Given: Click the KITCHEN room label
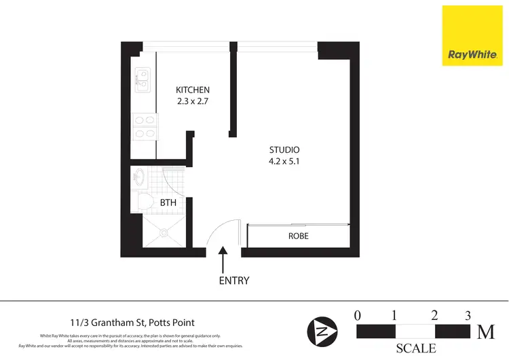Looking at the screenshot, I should click(193, 90).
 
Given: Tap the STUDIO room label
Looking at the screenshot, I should click(284, 149).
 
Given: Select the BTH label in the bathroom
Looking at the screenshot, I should click(168, 202).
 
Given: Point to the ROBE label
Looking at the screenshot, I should click(299, 236).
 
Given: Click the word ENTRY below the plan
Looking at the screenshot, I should click(234, 281).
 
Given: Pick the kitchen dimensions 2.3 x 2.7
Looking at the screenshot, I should click(193, 102).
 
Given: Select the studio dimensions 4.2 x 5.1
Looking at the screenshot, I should click(284, 162).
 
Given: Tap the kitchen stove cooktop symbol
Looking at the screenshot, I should click(145, 126).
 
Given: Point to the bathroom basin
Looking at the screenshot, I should click(139, 179).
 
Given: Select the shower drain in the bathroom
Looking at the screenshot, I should click(164, 232).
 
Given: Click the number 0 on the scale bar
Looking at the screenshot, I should click(358, 315).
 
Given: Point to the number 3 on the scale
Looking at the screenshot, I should click(468, 315).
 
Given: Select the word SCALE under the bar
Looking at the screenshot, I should click(416, 348).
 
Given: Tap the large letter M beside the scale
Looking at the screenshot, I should click(486, 331).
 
